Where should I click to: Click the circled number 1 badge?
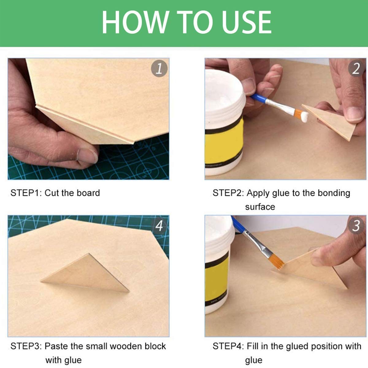tap(159, 69)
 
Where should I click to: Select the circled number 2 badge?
tap(356, 69)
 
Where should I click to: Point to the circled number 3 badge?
tap(356, 226)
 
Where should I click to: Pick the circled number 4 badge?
tap(159, 226)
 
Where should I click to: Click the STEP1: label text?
tap(26, 193)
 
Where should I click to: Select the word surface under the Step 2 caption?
tap(260, 207)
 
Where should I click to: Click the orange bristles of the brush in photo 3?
tap(279, 262)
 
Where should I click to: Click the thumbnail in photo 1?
tap(87, 156)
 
